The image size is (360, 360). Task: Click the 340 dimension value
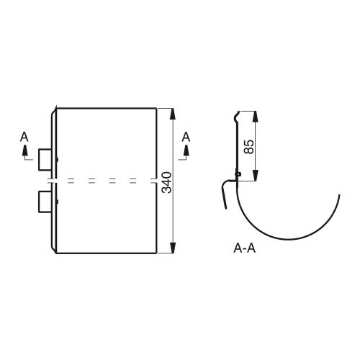coord(167,182)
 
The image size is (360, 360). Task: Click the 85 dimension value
coord(248,146)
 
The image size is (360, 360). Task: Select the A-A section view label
coord(244,248)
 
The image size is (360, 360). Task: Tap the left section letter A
coord(24,137)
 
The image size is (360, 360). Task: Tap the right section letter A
coord(186,137)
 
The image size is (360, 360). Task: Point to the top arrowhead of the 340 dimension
coord(173,114)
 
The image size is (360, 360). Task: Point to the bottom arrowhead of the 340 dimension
coord(173,248)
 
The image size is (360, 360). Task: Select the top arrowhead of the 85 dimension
coord(256,117)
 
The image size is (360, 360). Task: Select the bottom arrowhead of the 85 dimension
coord(256,175)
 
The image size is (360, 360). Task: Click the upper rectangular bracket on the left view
coord(45,160)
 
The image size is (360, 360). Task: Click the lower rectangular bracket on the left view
coord(45,202)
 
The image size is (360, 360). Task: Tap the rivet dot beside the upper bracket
coord(57,159)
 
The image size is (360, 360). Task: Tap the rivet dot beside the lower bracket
coord(57,202)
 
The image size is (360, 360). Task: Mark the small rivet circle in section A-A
coord(239,174)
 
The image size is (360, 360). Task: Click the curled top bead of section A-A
coord(236,117)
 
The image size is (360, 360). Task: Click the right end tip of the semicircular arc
coord(339,195)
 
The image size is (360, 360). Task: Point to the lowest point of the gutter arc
coord(287,239)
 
